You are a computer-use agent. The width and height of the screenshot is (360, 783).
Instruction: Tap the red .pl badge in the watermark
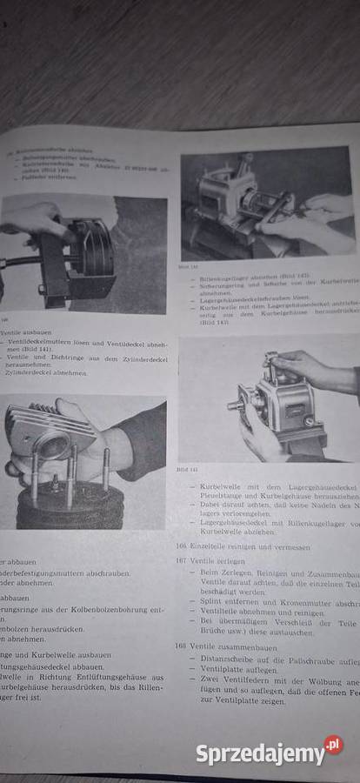[333, 745]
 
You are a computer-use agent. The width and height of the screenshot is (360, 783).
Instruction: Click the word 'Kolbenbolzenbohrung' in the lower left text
[114, 612]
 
